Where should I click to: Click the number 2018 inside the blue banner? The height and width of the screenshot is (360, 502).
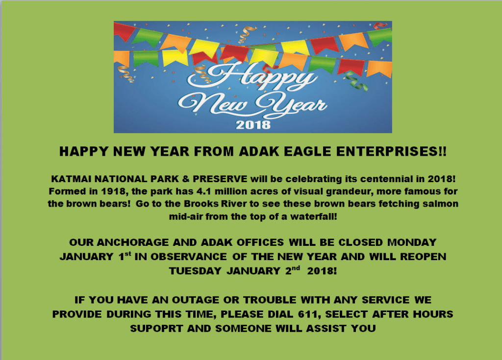253,124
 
